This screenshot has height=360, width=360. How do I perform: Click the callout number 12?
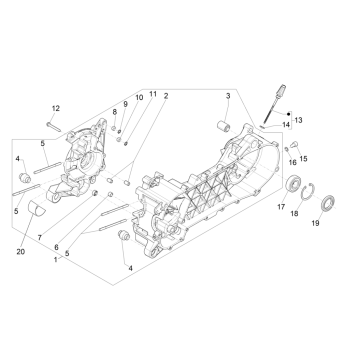pyautogui.click(x=56, y=108)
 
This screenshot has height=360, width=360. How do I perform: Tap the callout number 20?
pyautogui.click(x=21, y=252)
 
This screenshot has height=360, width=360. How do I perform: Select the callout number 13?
pyautogui.click(x=298, y=120)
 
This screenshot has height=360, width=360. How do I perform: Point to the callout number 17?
pyautogui.click(x=281, y=207)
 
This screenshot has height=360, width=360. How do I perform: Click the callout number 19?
pyautogui.click(x=315, y=223)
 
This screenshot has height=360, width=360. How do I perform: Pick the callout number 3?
pyautogui.click(x=228, y=96)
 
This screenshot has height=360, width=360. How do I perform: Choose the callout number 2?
pyautogui.click(x=166, y=96)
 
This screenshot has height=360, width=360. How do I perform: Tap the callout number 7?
pyautogui.click(x=40, y=238)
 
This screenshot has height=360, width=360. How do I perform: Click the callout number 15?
pyautogui.click(x=303, y=159)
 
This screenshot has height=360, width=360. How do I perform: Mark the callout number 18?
pyautogui.click(x=294, y=214)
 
